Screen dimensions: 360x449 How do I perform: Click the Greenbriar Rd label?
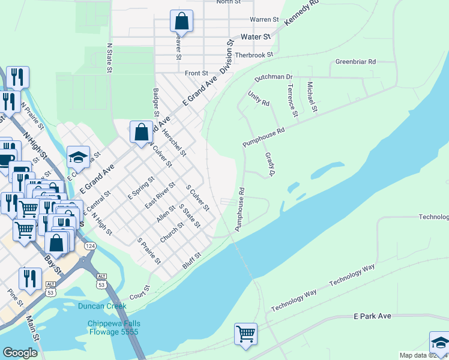[355, 62]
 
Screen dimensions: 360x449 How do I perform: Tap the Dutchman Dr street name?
[273, 77]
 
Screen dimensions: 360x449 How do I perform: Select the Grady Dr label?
[270, 164]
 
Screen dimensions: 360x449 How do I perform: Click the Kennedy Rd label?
[300, 13]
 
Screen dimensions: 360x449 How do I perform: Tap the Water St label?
[256, 37]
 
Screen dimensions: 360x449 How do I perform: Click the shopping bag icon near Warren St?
[181, 22]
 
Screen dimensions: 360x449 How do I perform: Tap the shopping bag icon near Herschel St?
[141, 131]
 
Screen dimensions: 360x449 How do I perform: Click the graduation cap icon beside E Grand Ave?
[78, 157]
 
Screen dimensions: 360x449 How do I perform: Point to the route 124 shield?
[90, 246]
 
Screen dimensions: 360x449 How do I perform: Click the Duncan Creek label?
[102, 306]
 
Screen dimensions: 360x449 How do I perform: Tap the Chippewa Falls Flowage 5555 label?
[113, 327]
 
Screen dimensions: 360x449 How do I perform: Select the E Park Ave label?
[372, 316]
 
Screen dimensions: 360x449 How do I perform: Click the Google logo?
[20, 353]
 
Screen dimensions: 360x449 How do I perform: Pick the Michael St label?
[312, 97]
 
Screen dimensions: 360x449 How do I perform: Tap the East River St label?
[159, 194]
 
